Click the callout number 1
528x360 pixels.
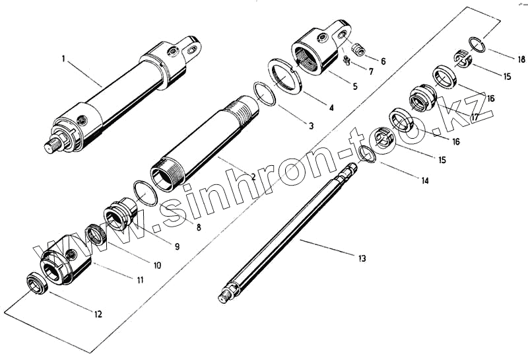click(x=63, y=59)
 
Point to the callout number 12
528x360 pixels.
click(x=98, y=314)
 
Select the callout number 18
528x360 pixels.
click(x=504, y=57)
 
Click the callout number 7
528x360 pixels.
click(x=371, y=71)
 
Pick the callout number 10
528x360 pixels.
click(x=157, y=265)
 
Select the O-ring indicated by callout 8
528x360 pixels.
click(x=145, y=193)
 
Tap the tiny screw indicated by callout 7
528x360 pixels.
click(x=346, y=62)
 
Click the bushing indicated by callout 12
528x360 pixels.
click(x=36, y=283)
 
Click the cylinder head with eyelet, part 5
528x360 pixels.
click(x=317, y=53)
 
